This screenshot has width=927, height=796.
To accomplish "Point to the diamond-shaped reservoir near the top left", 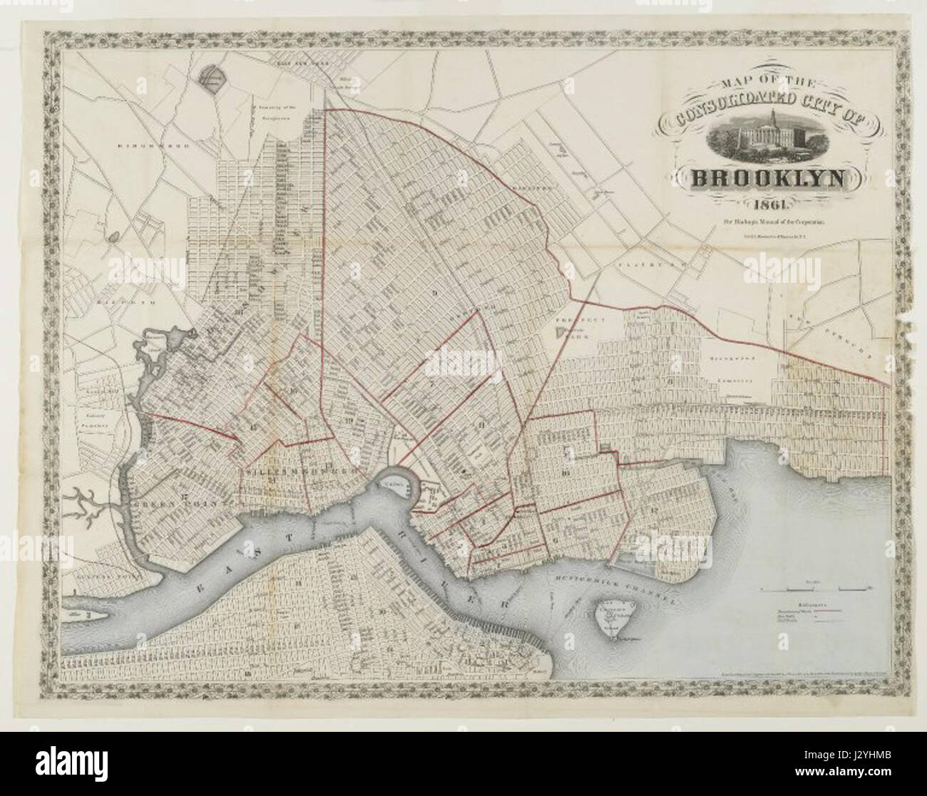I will click(x=212, y=81).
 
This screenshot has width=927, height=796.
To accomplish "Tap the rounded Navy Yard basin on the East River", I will click(x=394, y=485).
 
